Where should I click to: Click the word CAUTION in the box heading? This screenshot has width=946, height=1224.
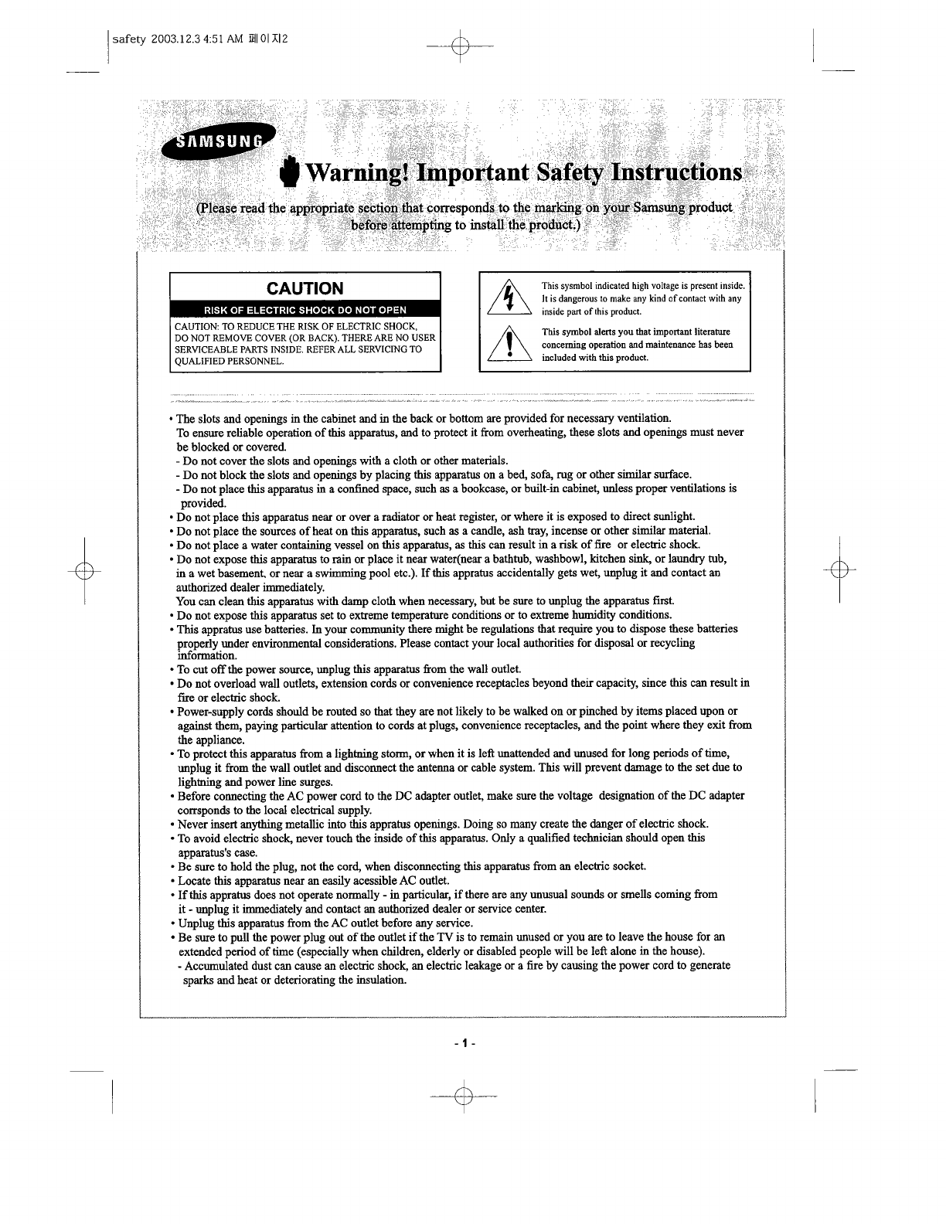click(x=305, y=288)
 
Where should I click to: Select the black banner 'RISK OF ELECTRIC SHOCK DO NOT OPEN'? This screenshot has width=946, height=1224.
click(x=305, y=311)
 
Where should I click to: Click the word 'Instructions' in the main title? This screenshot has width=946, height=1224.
click(x=677, y=172)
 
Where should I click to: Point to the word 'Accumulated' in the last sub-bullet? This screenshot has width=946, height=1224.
click(x=216, y=965)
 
